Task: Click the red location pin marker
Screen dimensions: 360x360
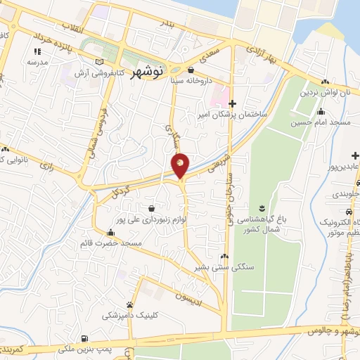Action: [180, 165]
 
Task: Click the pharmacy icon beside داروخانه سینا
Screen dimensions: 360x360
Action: [191, 70]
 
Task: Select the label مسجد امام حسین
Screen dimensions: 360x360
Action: [321, 122]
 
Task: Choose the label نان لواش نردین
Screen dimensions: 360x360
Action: [325, 92]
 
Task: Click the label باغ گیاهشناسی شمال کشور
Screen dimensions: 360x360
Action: [262, 224]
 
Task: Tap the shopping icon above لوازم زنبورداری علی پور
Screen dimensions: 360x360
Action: [153, 208]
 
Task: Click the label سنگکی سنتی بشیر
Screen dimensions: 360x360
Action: [225, 268]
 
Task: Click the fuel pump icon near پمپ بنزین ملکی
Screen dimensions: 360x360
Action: [85, 339]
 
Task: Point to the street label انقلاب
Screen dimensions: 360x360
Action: [74, 26]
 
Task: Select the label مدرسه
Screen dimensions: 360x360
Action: [37, 62]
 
